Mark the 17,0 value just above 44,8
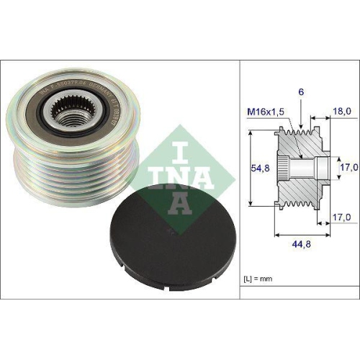[x=341, y=216]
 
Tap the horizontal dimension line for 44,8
[x=302, y=234]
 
